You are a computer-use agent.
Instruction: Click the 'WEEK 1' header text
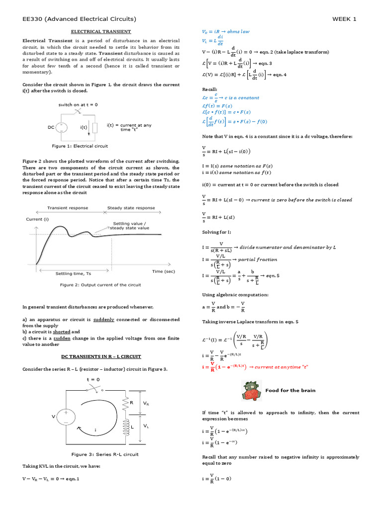[344, 19]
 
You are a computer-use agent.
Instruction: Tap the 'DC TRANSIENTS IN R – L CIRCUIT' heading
[101, 356]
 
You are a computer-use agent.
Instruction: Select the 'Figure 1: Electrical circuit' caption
[80, 146]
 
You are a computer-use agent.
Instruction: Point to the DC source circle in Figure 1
[61, 127]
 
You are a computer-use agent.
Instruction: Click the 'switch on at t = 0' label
[78, 105]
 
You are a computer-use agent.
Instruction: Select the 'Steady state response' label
[131, 208]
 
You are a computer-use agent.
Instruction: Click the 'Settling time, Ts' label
[73, 273]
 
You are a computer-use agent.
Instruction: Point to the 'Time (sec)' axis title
[164, 271]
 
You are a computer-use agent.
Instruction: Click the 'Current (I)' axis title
[37, 219]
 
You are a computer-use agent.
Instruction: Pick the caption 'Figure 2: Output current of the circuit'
[100, 285]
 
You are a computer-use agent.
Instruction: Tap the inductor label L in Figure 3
[132, 426]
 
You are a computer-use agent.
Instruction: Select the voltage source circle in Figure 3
[66, 416]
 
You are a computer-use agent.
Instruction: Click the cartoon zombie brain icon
[250, 391]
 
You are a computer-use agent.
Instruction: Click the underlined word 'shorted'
[62, 332]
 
